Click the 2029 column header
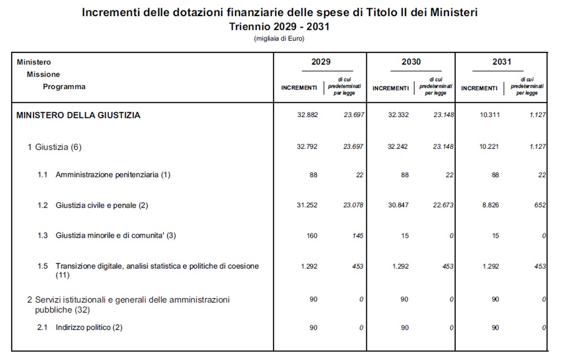click(x=321, y=62)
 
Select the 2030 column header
click(x=411, y=62)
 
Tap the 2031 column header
click(x=501, y=62)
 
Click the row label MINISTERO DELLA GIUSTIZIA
click(x=78, y=115)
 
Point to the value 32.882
click(x=308, y=115)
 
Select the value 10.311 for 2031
click(x=489, y=115)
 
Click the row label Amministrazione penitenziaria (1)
click(x=113, y=175)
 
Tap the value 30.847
click(x=399, y=205)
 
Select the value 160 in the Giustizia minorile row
click(x=312, y=235)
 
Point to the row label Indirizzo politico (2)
click(x=89, y=328)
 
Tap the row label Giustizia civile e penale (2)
click(x=102, y=205)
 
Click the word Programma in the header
click(x=64, y=87)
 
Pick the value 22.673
click(x=443, y=205)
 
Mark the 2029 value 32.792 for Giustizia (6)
click(x=308, y=147)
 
